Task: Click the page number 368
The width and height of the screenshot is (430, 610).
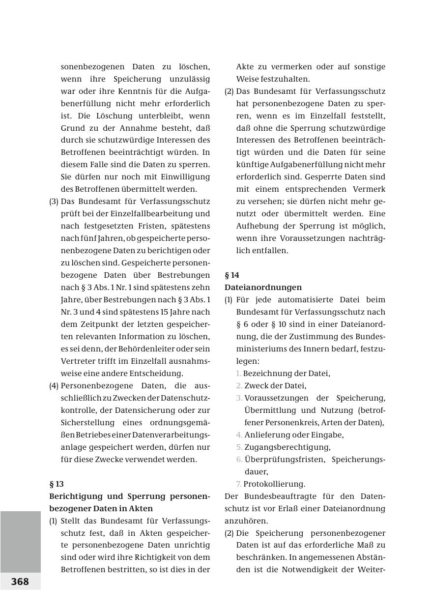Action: coord(20,581)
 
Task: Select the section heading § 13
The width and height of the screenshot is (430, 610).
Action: coord(57,484)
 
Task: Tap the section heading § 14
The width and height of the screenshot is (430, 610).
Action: coord(232,275)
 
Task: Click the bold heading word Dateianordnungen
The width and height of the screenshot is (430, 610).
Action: coord(263,287)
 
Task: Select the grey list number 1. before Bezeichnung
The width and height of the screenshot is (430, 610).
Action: coord(238,373)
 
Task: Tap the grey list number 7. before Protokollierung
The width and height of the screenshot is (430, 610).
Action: coord(239,484)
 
